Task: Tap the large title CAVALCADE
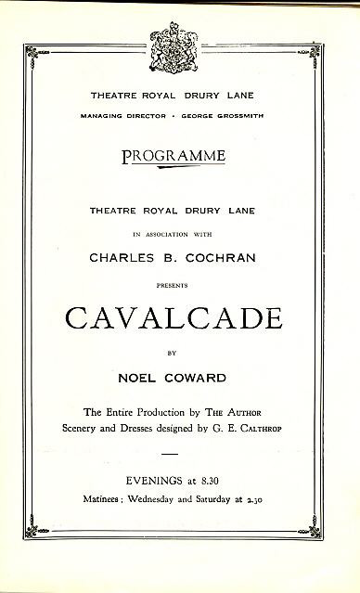tap(180, 318)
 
